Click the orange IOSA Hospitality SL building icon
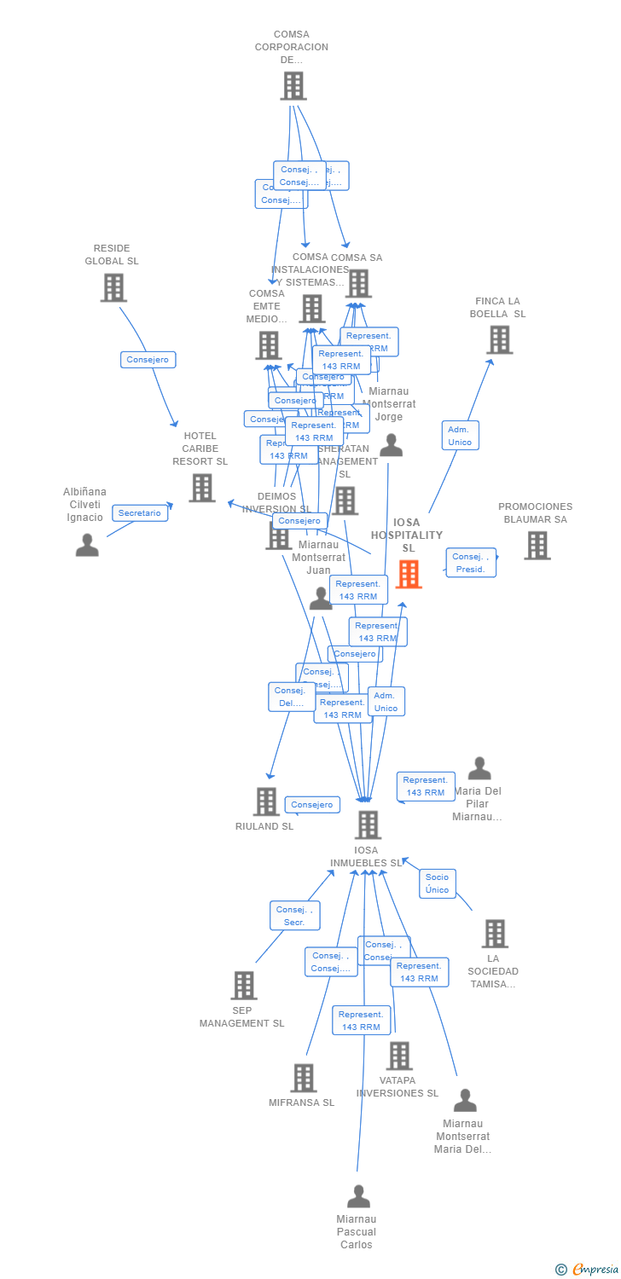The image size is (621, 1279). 409,574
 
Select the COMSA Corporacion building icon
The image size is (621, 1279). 293,85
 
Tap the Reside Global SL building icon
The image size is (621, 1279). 113,287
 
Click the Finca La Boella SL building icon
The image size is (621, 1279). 499,339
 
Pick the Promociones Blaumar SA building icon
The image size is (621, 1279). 537,546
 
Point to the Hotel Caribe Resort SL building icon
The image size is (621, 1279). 202,488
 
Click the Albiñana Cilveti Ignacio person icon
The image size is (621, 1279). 87,545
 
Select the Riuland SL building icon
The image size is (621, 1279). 266,802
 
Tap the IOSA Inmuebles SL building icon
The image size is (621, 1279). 368,825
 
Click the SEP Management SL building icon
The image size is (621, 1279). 244,986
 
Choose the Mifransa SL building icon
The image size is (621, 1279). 304,1078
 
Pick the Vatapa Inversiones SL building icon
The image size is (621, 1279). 398,1056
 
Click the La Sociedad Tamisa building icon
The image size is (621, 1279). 495,934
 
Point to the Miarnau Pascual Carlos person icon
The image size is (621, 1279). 358,1196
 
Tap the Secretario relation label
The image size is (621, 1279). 140,513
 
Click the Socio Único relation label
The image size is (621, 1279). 437,883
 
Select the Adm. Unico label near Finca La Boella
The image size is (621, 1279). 460,436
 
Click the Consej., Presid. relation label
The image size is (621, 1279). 470,563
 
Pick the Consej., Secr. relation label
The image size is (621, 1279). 295,916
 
